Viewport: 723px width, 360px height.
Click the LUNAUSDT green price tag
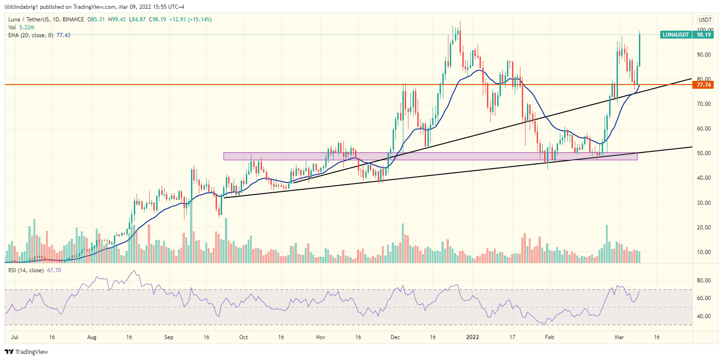click(675, 34)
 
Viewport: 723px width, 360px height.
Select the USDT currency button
click(704, 20)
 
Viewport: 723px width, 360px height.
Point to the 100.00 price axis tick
click(704, 30)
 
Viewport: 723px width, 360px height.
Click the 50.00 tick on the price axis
click(704, 153)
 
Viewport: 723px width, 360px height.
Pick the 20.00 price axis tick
click(704, 228)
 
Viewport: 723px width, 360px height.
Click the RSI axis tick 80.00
click(704, 281)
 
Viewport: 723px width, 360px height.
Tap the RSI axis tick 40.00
click(704, 316)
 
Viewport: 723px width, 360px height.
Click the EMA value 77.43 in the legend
click(63, 35)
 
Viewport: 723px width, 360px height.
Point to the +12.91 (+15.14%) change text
click(192, 20)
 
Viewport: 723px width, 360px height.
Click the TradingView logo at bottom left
click(26, 352)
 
